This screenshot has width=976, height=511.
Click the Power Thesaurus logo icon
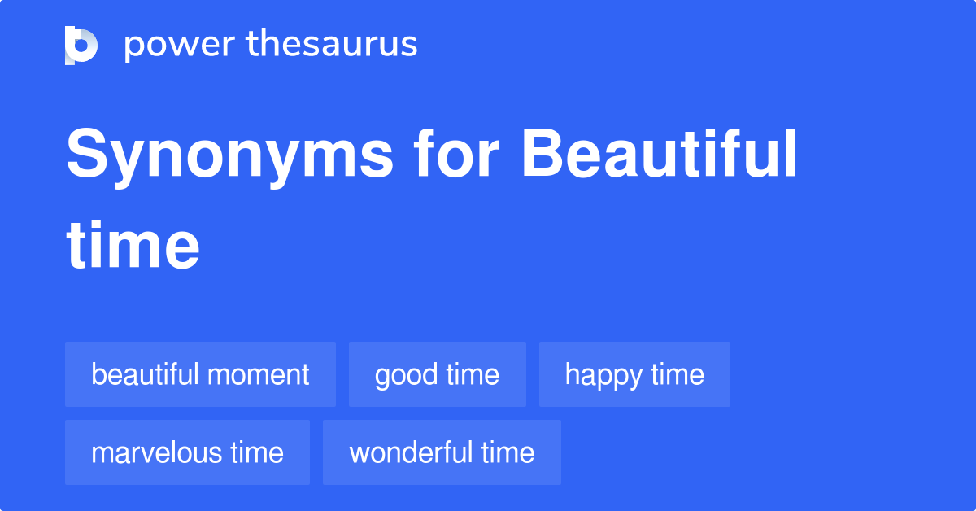point(81,45)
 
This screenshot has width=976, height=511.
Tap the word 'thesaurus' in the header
point(332,45)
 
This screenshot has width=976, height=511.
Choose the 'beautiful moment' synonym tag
point(200,374)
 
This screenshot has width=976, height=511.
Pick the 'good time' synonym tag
point(438,374)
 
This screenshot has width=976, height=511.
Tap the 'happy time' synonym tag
point(634,374)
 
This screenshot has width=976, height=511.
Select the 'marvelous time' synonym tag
point(187,452)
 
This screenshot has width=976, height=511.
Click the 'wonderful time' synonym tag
point(442,452)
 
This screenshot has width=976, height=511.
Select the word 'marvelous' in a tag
point(157,452)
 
